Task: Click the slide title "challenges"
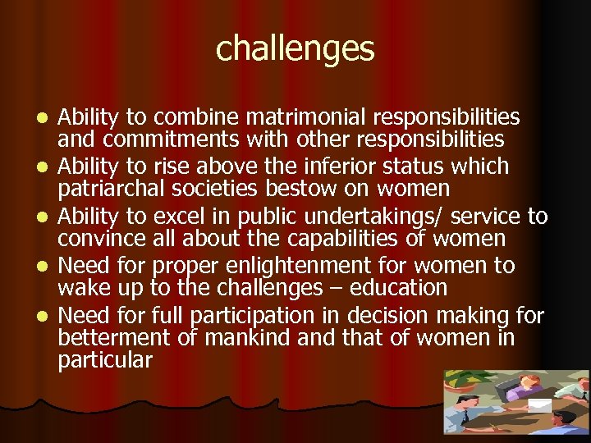click(x=295, y=48)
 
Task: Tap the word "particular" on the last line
click(x=105, y=360)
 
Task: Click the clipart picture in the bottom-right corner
click(x=516, y=402)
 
